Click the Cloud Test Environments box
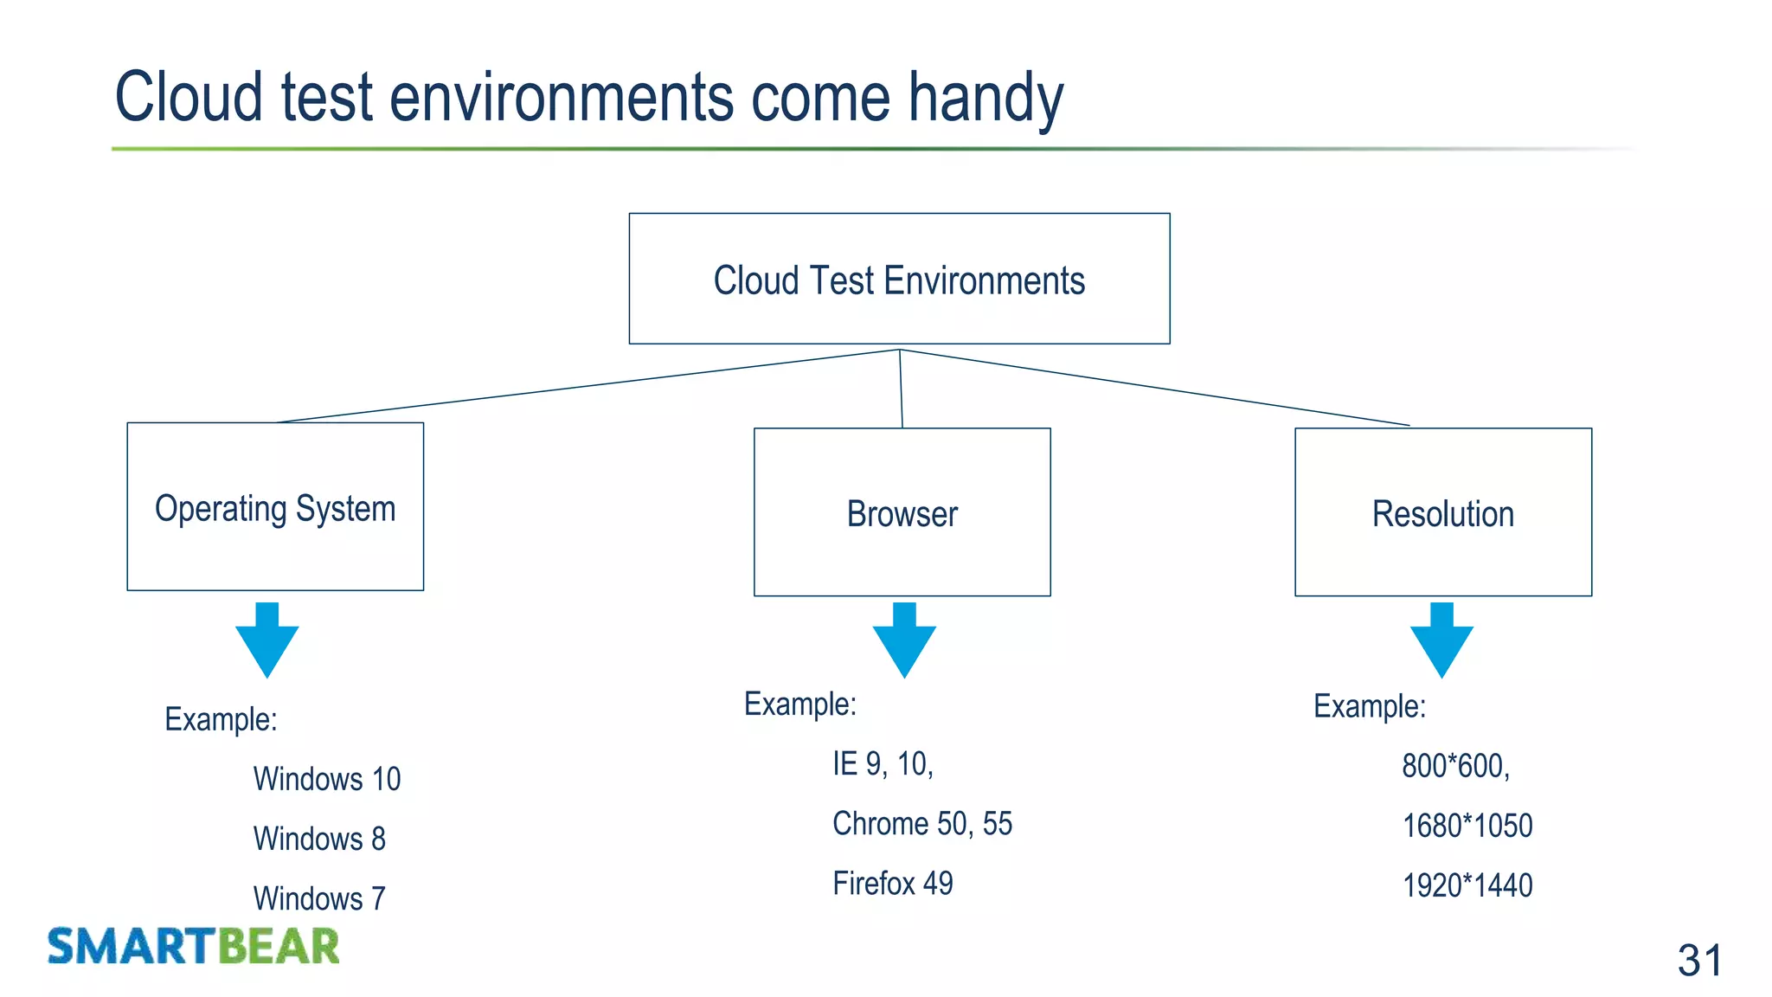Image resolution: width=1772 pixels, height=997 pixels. (x=899, y=279)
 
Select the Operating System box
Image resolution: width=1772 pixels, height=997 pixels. (x=275, y=507)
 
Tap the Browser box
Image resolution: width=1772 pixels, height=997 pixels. (x=902, y=512)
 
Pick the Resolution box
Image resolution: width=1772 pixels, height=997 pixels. (x=1442, y=512)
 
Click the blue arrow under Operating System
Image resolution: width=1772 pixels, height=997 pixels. (x=267, y=640)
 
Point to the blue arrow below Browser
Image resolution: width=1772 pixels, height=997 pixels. (x=904, y=640)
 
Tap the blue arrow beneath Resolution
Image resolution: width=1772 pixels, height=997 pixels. (x=1441, y=640)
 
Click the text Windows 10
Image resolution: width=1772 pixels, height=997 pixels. (x=326, y=779)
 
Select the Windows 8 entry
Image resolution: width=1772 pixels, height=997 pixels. (x=319, y=839)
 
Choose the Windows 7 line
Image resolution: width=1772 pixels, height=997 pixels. (x=319, y=898)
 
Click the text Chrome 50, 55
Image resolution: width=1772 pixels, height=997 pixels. (x=921, y=823)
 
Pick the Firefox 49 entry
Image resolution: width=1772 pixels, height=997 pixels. (x=892, y=884)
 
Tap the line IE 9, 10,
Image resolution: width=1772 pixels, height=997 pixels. (x=883, y=763)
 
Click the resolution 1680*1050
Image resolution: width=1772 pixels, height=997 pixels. (x=1467, y=826)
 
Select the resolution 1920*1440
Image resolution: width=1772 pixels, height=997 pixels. (x=1467, y=885)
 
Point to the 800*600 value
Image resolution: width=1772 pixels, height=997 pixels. (x=1455, y=766)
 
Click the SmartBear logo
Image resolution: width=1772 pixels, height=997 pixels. (x=193, y=946)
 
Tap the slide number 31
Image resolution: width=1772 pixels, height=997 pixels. (x=1699, y=960)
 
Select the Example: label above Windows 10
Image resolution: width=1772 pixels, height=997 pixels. (x=221, y=719)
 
